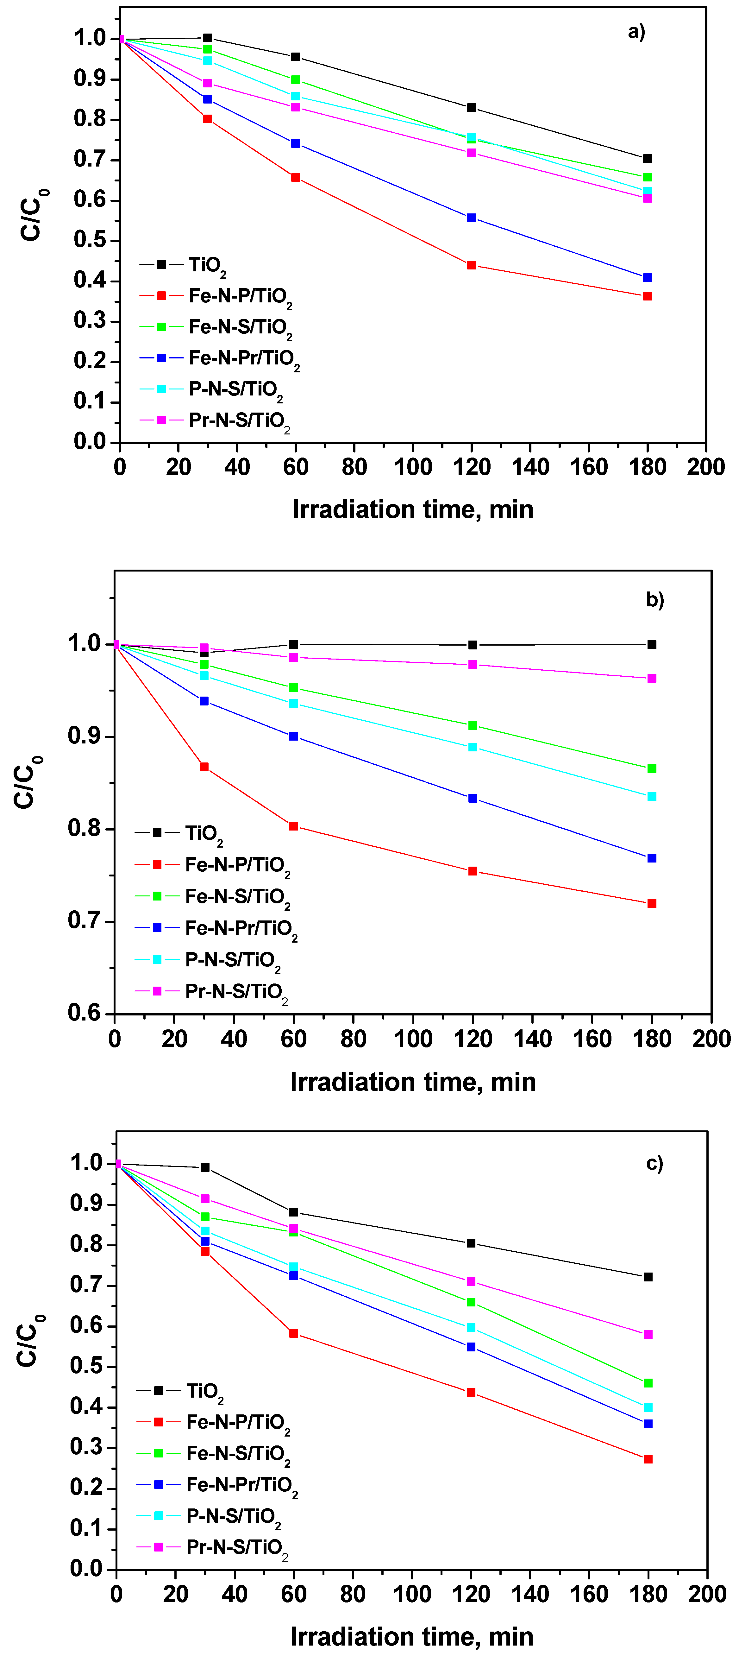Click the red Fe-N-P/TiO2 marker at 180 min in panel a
point(647,296)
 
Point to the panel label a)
point(636,31)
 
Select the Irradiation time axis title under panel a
point(413,509)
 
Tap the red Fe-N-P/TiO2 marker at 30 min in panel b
point(204,767)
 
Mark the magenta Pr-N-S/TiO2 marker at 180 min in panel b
point(652,678)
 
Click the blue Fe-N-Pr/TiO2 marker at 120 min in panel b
point(472,799)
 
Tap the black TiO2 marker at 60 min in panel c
point(294,1212)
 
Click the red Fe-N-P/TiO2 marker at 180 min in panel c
point(648,1459)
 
